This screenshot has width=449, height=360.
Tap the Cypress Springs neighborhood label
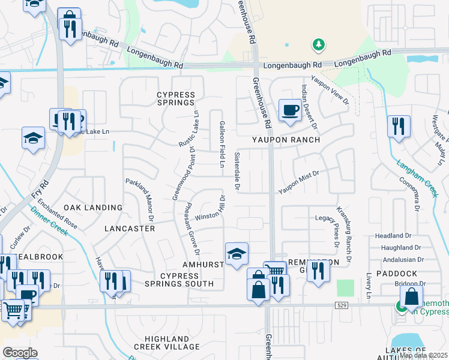176,100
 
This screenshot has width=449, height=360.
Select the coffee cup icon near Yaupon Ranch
290,110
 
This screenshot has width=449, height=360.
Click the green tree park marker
318,45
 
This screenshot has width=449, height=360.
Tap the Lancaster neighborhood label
130,229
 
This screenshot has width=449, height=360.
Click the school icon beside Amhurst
237,254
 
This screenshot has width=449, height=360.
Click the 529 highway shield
342,305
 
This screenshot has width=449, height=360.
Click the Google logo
20,353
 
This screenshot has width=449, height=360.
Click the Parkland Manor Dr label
140,199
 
